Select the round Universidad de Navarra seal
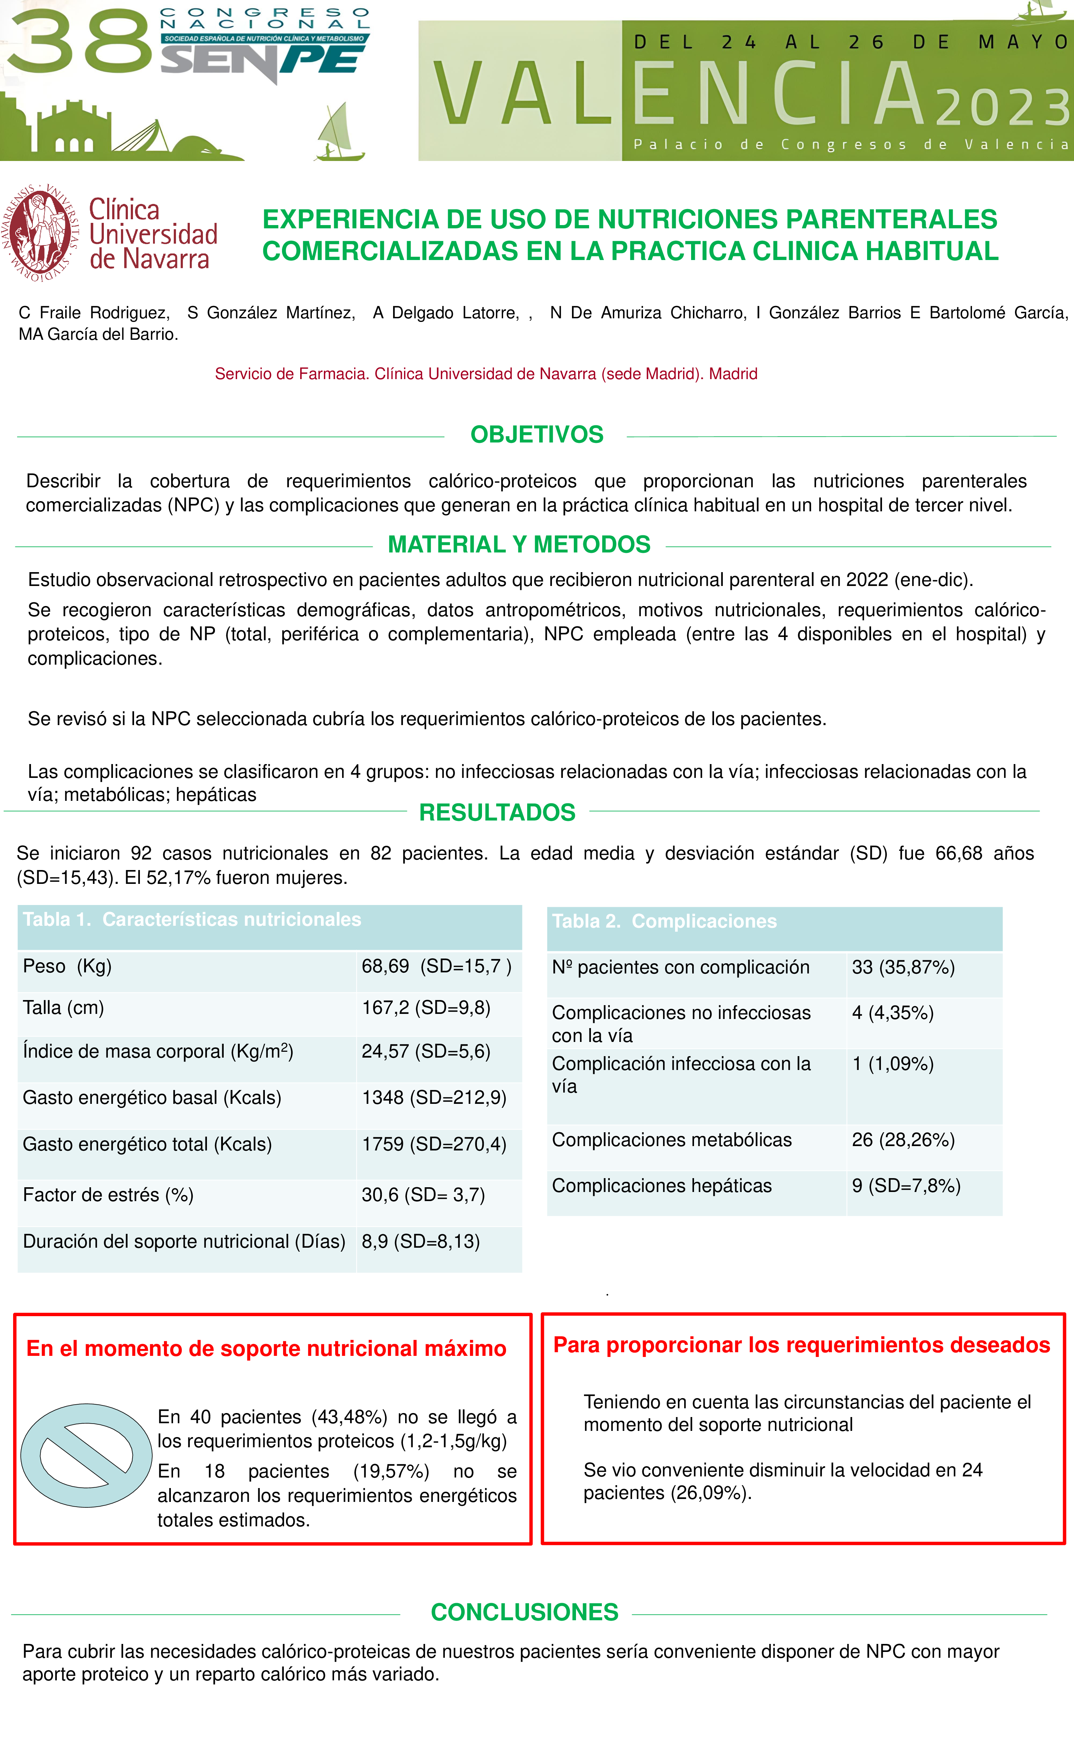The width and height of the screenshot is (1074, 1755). click(41, 233)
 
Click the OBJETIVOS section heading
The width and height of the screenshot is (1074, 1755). click(537, 434)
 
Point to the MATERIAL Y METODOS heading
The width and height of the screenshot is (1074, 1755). click(519, 544)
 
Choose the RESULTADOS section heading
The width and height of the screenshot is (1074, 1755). click(497, 812)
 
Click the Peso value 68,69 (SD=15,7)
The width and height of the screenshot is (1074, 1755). click(436, 967)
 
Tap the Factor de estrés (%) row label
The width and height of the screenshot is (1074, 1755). click(108, 1195)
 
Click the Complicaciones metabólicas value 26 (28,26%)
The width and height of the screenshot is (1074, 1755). click(903, 1140)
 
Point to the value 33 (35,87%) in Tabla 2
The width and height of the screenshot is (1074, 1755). click(903, 967)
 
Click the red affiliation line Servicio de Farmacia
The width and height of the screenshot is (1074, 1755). click(486, 374)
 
